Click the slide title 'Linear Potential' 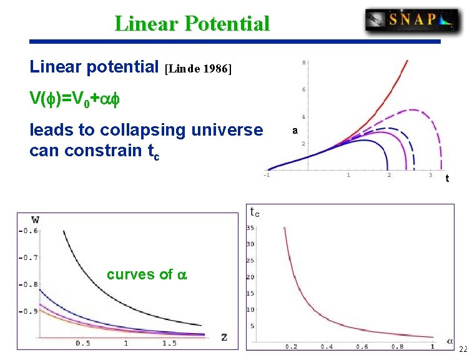[x=192, y=24]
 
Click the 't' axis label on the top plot [x=447, y=179]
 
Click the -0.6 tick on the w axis [x=29, y=231]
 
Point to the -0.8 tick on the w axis [x=29, y=284]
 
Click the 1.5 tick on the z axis [x=169, y=343]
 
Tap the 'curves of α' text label [x=147, y=274]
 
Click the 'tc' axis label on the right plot [x=255, y=211]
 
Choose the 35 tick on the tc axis [x=250, y=227]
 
